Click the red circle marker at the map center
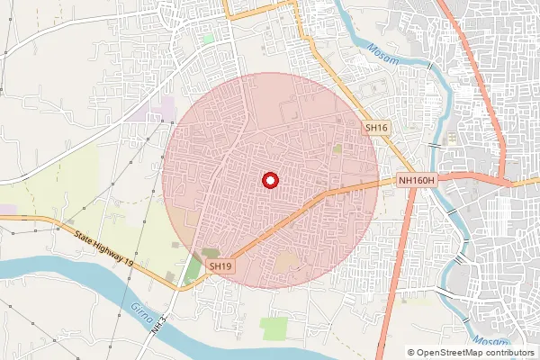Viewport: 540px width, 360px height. [x=269, y=180]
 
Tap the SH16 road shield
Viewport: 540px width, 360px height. [x=376, y=129]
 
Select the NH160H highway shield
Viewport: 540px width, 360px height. [x=417, y=181]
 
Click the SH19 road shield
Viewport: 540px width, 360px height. [x=220, y=266]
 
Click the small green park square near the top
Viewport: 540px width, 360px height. [x=209, y=39]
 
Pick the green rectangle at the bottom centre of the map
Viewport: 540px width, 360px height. [x=274, y=328]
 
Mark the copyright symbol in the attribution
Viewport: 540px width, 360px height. [x=412, y=353]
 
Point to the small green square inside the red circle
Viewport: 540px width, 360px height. [x=337, y=148]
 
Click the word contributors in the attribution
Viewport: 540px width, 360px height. [x=508, y=353]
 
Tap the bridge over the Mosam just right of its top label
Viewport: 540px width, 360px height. [x=430, y=67]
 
